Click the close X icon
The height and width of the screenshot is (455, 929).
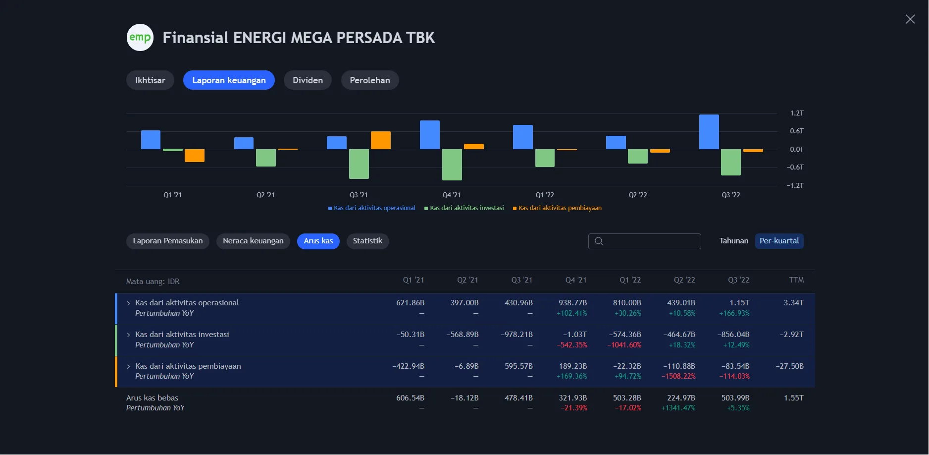[910, 19]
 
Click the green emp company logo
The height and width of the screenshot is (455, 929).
[140, 38]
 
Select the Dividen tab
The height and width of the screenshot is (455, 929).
[308, 80]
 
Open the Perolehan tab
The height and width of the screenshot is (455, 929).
[369, 80]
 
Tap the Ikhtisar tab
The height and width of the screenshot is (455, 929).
[150, 80]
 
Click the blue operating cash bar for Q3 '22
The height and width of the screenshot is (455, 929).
[709, 132]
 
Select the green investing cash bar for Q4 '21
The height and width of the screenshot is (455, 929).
[452, 165]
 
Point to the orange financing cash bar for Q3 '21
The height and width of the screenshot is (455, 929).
[380, 140]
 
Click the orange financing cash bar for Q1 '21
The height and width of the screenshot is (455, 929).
[194, 156]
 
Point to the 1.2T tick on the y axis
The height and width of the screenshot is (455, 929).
[796, 114]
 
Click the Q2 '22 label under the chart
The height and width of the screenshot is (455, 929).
[638, 195]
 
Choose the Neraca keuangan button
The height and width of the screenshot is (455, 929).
[253, 241]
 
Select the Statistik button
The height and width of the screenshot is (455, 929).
[367, 241]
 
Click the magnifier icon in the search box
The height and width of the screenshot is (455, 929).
[599, 241]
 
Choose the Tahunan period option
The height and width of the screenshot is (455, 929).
[733, 241]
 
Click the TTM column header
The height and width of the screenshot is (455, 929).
[796, 280]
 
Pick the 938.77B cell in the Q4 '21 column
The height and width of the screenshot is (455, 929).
[572, 303]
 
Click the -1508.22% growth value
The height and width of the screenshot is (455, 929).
[678, 376]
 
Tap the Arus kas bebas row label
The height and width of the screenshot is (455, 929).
[152, 398]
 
